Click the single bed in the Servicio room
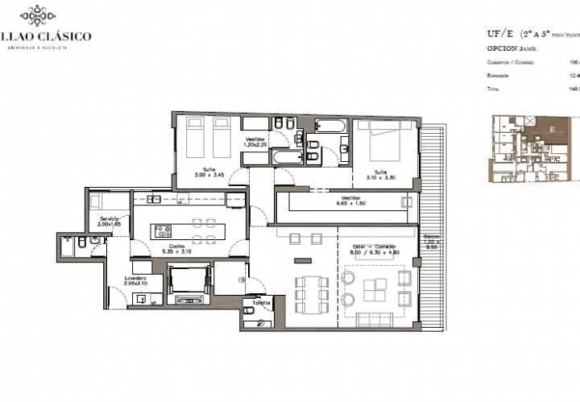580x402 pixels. point(109,201)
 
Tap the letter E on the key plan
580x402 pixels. point(551,127)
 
